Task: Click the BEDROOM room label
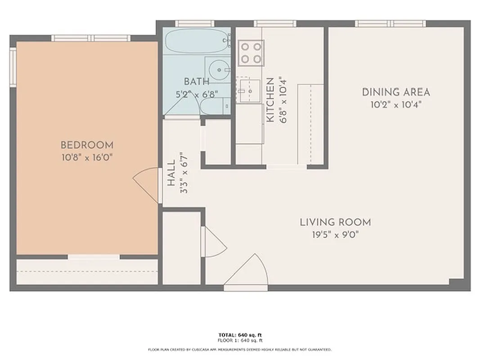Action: (87, 145)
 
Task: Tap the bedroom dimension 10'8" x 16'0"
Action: (87, 157)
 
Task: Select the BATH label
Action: (197, 82)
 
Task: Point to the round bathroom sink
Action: (220, 70)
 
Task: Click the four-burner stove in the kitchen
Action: (251, 52)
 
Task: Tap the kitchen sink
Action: (248, 89)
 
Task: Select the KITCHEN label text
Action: (270, 100)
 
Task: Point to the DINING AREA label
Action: (396, 93)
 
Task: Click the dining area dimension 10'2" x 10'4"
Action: (396, 104)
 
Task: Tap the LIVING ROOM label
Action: (335, 222)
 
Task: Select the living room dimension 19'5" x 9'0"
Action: (335, 234)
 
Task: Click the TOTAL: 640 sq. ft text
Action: (240, 335)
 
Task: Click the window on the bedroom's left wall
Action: (13, 67)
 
